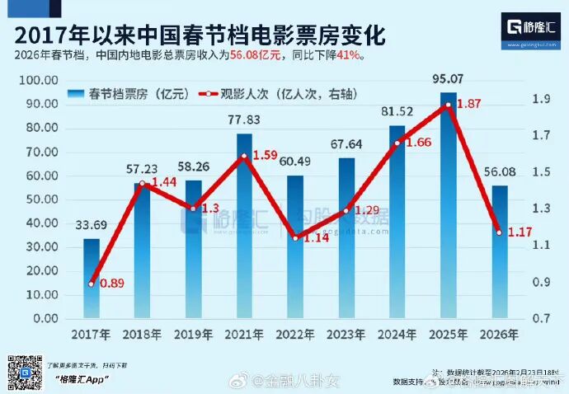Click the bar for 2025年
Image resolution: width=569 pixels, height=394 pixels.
448,206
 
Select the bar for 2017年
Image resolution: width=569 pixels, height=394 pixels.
92,279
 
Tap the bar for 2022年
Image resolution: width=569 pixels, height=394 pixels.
295,247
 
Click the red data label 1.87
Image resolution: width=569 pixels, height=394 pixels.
469,105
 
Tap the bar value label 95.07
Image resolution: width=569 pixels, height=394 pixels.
449,80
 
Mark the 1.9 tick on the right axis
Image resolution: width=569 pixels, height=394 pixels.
541,99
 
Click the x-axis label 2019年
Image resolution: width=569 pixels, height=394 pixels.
194,335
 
